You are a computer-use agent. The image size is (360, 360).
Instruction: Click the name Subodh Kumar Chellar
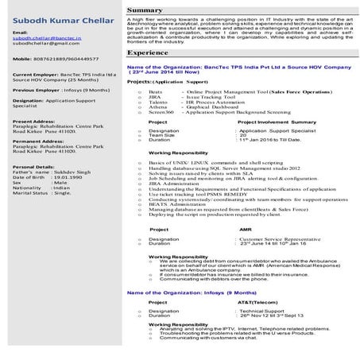57,14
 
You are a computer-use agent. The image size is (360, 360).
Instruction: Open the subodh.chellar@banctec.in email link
43,37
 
